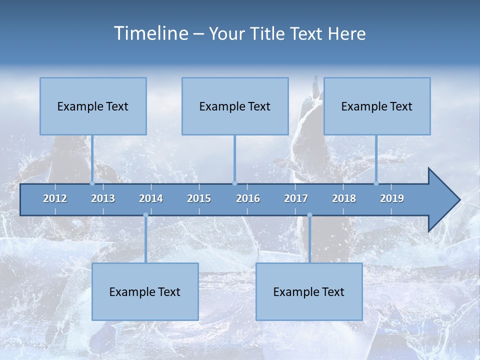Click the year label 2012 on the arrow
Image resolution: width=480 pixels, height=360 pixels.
click(55, 198)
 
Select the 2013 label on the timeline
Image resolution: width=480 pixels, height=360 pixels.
click(103, 198)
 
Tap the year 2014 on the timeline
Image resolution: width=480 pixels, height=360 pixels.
click(151, 198)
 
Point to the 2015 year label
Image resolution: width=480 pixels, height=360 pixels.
click(199, 198)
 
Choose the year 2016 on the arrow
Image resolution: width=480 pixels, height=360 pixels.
click(248, 198)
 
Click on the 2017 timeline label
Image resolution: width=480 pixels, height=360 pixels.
click(296, 198)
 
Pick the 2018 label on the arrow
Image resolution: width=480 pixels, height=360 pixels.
click(344, 198)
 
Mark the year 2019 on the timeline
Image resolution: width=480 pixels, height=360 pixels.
click(392, 198)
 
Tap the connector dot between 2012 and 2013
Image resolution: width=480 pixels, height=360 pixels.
click(92, 183)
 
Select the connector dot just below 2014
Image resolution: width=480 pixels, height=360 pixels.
click(145, 215)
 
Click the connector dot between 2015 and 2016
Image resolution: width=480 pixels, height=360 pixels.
click(234, 183)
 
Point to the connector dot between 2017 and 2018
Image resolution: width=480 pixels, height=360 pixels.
click(309, 215)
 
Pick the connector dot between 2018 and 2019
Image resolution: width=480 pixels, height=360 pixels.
click(376, 183)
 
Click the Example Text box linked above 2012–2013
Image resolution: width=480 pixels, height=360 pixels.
click(93, 106)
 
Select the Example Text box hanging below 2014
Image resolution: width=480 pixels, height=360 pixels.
click(145, 291)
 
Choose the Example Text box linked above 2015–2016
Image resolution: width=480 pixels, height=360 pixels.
click(235, 106)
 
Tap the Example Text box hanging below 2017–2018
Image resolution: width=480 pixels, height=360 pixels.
click(309, 291)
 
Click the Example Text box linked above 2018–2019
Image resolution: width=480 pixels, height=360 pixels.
click(377, 106)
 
